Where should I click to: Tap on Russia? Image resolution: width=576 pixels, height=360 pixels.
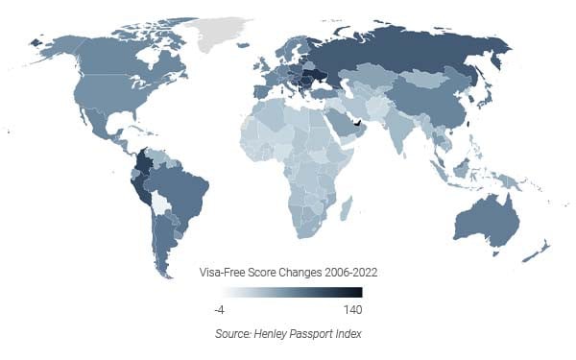click(403, 58)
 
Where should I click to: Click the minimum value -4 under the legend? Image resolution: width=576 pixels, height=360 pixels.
click(220, 309)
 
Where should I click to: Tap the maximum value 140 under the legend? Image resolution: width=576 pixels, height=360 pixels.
click(352, 309)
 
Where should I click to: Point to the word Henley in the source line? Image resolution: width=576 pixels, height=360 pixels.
click(262, 334)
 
